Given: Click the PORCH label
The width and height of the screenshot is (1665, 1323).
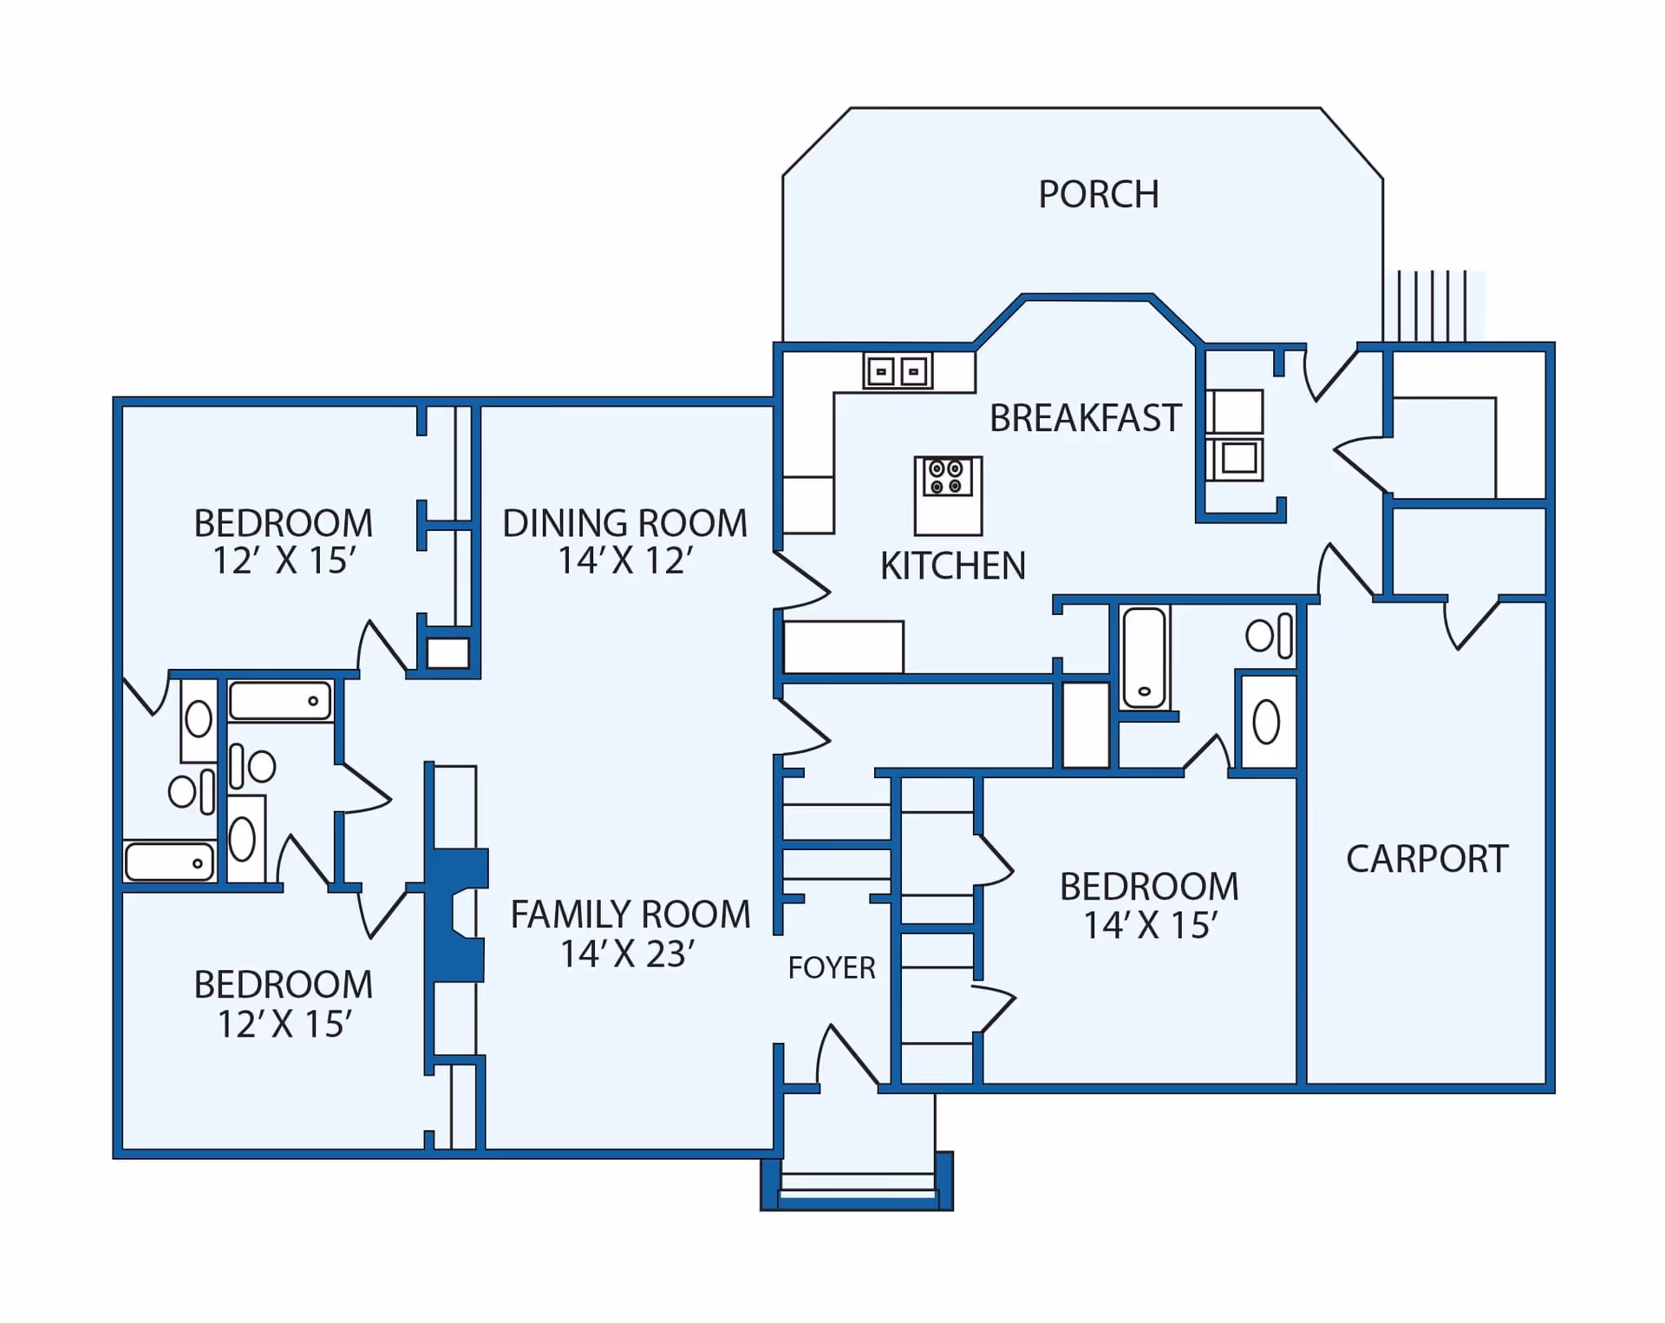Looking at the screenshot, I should click(1098, 194).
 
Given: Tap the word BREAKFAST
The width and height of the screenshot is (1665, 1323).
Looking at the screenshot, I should click(1085, 418).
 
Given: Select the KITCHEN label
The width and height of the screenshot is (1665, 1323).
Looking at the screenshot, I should click(952, 566).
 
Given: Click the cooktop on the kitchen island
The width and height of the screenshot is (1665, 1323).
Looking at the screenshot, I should click(946, 477).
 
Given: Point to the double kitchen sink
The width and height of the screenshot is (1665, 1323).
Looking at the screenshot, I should click(898, 371).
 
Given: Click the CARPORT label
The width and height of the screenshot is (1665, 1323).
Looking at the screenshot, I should click(1427, 859).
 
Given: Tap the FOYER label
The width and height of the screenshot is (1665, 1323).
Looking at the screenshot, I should click(831, 967).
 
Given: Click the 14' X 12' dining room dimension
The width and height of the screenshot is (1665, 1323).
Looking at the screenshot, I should click(624, 560).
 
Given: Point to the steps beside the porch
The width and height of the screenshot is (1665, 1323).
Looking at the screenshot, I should click(1432, 305).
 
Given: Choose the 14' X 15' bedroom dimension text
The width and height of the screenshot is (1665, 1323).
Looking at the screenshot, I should click(1149, 926).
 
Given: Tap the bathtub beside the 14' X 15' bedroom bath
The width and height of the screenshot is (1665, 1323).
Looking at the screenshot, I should click(1144, 658).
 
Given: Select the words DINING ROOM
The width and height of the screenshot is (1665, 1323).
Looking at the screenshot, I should click(624, 523).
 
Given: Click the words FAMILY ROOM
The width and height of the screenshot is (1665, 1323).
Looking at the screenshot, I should click(630, 914).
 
